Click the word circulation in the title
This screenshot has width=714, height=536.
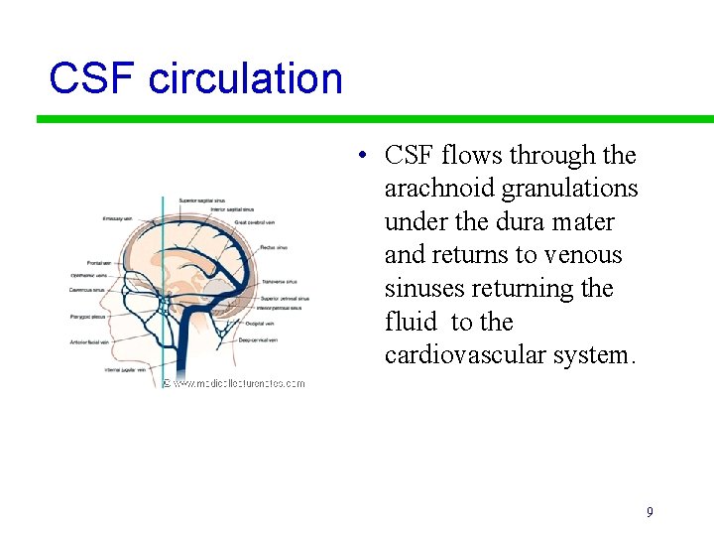(x=245, y=78)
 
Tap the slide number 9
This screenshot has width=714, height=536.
(x=650, y=512)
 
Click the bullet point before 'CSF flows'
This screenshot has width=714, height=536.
(x=365, y=156)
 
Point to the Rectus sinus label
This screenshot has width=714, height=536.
(x=274, y=247)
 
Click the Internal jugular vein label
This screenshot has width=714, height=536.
(x=126, y=369)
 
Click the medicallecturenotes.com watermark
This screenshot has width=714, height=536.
(x=237, y=383)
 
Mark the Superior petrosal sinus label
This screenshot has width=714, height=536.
(x=285, y=298)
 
